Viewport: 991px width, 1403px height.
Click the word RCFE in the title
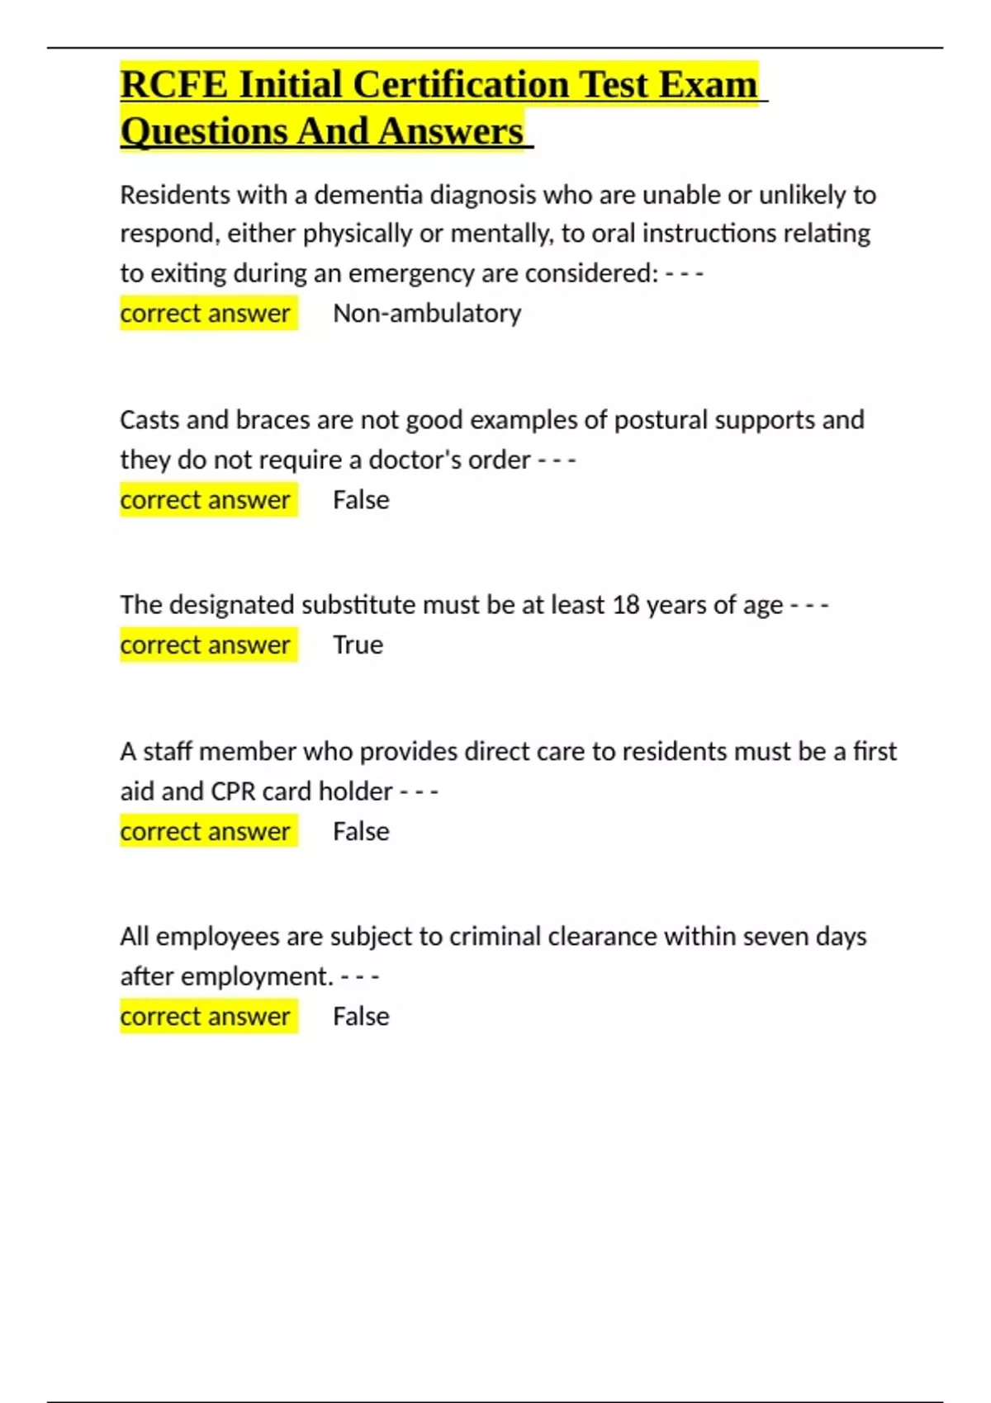[x=173, y=85]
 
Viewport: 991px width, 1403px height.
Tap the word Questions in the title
[x=203, y=132]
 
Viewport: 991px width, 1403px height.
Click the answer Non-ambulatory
[x=427, y=314]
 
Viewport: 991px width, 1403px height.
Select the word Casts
[x=149, y=420]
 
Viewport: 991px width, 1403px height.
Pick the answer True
[x=358, y=645]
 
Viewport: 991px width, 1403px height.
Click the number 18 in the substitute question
[x=626, y=605]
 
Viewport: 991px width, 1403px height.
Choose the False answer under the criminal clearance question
[x=361, y=1016]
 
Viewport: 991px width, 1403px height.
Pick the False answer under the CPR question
[x=361, y=831]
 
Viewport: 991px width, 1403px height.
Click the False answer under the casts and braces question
[x=361, y=500]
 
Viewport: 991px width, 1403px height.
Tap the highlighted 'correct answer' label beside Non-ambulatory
[x=206, y=314]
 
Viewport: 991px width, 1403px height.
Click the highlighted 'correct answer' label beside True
[x=206, y=645]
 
